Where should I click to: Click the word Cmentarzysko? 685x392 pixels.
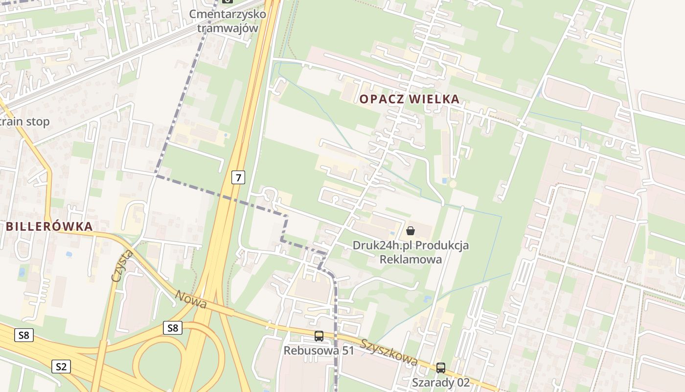pyautogui.click(x=228, y=14)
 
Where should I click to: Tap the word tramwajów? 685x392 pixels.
pyautogui.click(x=228, y=28)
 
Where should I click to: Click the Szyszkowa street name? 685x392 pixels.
pyautogui.click(x=389, y=351)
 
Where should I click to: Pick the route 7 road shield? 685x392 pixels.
pyautogui.click(x=238, y=177)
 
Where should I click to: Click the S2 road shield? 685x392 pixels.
pyautogui.click(x=61, y=366)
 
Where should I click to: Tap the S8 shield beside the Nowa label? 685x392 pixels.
pyautogui.click(x=173, y=328)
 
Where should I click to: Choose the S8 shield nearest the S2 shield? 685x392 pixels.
pyautogui.click(x=24, y=336)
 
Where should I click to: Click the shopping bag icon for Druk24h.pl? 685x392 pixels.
pyautogui.click(x=411, y=230)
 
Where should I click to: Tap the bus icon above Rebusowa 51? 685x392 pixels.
pyautogui.click(x=319, y=336)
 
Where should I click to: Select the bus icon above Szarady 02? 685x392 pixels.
pyautogui.click(x=441, y=367)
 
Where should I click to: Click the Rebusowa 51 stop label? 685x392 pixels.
pyautogui.click(x=319, y=351)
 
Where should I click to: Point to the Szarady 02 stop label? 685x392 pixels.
pyautogui.click(x=441, y=382)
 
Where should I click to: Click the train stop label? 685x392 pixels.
pyautogui.click(x=24, y=122)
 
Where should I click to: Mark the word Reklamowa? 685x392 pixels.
pyautogui.click(x=411, y=259)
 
